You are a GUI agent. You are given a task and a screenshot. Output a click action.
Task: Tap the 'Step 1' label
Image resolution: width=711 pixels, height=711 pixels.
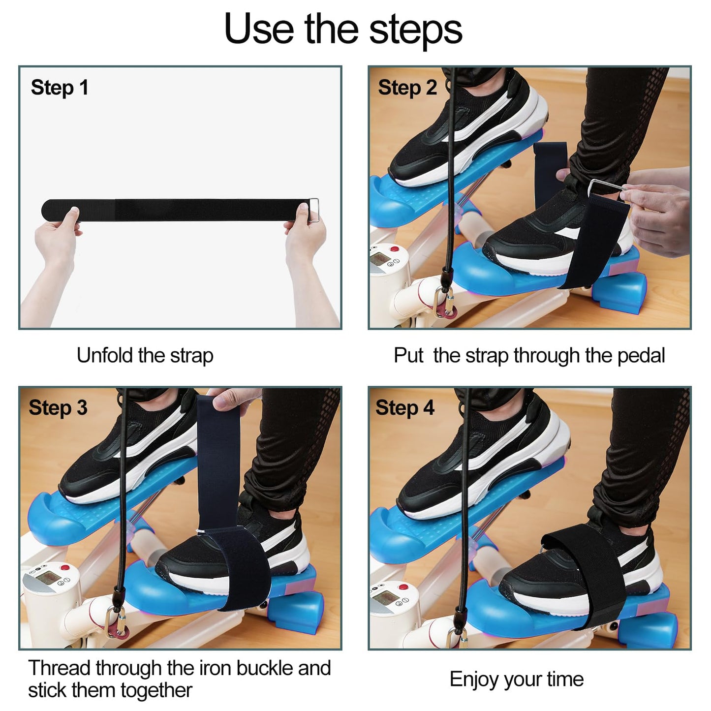tap(60, 88)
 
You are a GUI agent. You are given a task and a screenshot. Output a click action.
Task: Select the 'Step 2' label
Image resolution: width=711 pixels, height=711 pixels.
tap(407, 88)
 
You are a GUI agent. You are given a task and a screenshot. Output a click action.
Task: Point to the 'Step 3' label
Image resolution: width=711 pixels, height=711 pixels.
tap(58, 408)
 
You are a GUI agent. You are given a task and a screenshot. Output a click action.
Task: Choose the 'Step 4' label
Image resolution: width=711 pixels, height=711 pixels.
tap(405, 408)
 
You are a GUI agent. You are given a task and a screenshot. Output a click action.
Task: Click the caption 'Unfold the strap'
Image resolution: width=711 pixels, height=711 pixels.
tap(145, 355)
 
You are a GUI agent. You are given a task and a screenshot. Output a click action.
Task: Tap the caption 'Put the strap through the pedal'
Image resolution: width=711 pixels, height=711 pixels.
tap(529, 355)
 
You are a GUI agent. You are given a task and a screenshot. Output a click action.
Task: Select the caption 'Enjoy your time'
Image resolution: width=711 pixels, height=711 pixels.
tap(516, 679)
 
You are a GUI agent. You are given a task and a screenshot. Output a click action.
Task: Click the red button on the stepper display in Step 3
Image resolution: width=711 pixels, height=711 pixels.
tap(67, 568)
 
